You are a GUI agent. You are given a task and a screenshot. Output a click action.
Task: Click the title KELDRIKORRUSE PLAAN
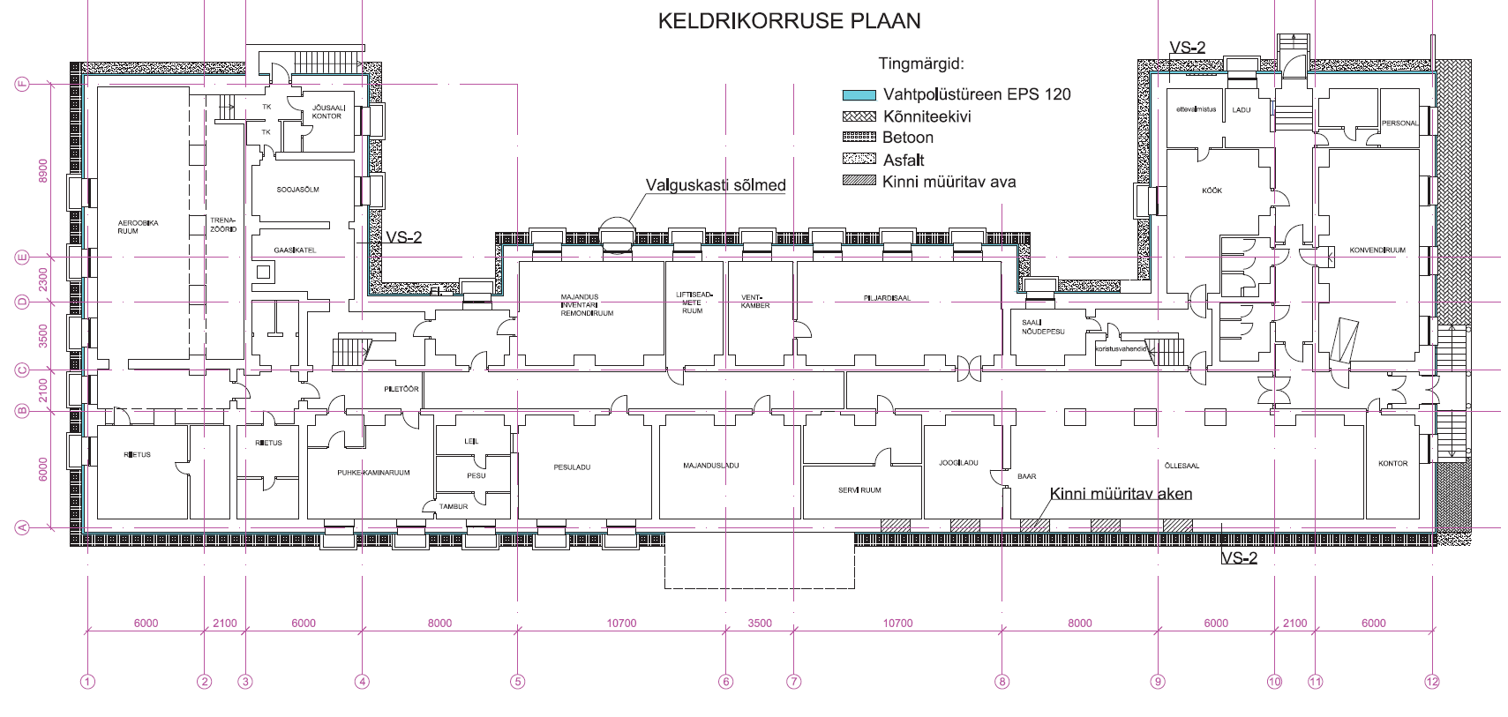point(789,21)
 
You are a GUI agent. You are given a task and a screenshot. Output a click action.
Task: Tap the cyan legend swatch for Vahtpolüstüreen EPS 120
point(858,94)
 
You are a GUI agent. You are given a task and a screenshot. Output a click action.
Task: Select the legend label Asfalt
point(904,160)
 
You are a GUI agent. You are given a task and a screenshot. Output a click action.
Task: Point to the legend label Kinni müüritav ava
point(949,182)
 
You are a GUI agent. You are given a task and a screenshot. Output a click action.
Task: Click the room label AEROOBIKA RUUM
point(139,227)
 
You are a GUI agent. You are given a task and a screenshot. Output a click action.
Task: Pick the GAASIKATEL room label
point(295,250)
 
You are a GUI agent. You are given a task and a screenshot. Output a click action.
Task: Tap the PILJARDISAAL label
point(887,298)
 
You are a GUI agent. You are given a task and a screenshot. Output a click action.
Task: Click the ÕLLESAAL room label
point(1182,466)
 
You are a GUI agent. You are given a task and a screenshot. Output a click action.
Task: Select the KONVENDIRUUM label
point(1377,250)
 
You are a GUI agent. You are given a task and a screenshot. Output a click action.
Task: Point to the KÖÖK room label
point(1212,190)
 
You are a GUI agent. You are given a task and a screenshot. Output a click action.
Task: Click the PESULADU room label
point(572,467)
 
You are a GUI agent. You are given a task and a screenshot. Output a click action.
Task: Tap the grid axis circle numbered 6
point(726,681)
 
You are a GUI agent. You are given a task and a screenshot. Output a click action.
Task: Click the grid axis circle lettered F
point(23,84)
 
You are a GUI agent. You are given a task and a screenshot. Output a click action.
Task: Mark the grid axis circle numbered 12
point(1431,681)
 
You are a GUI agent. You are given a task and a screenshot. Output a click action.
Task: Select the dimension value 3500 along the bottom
point(760,623)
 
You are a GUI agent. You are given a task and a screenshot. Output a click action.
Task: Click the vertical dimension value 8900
point(43,171)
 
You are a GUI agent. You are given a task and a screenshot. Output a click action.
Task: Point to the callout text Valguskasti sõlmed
point(715,185)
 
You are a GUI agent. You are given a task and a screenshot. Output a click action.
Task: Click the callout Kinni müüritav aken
point(1121,494)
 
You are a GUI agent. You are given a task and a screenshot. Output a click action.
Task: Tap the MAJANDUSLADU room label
point(710,466)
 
